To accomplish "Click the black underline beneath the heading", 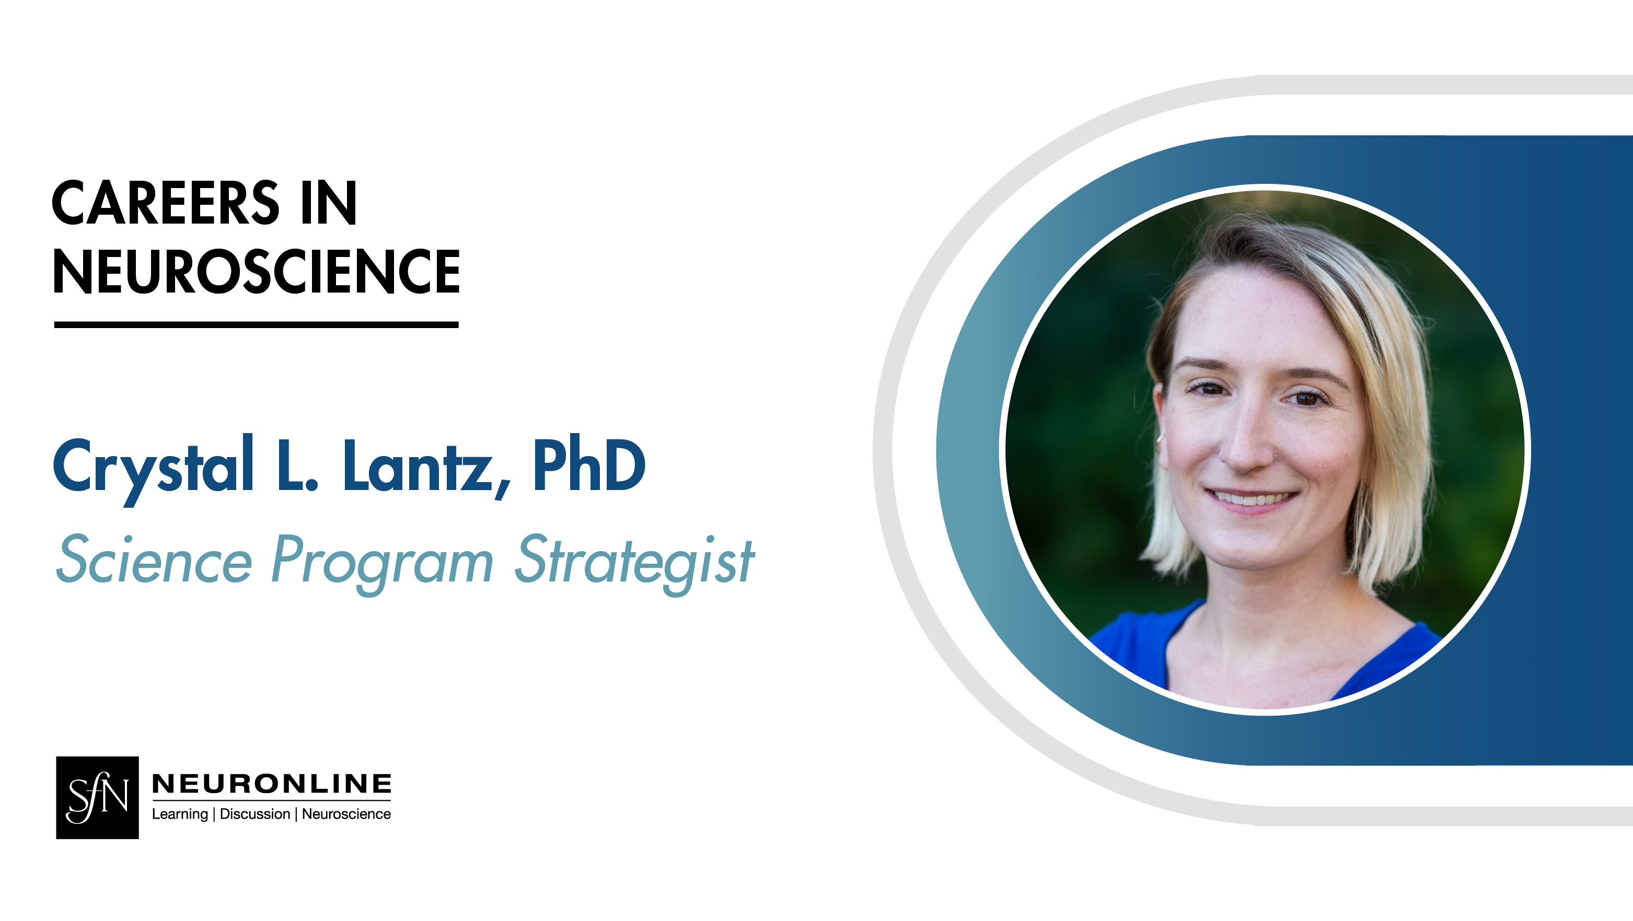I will coord(256,324).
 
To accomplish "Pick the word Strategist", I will coord(634,562).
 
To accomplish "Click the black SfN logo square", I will coord(97,797).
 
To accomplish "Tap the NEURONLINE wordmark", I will coord(271,784).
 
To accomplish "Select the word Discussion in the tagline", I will coord(255,814).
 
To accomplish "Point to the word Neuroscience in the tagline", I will coord(346,814).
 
